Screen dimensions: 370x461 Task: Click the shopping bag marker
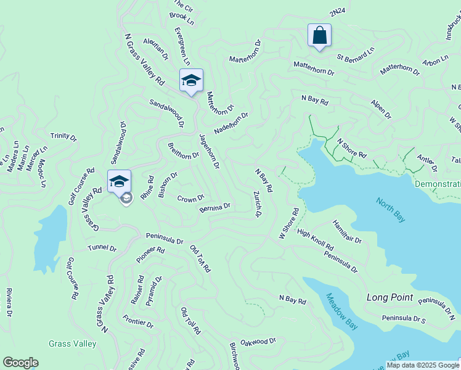pos(319,35)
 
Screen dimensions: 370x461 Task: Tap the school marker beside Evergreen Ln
pos(191,80)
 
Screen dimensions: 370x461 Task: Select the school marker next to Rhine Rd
pos(119,181)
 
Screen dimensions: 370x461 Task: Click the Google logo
pos(20,363)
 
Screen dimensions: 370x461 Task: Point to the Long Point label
pos(390,297)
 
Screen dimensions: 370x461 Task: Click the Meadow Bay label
pos(338,306)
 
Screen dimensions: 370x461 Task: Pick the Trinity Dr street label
pos(63,136)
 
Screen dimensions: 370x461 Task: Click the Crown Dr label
pos(190,199)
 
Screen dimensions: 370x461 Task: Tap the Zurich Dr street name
pos(257,203)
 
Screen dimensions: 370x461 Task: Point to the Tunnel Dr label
pos(102,248)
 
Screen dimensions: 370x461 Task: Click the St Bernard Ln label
pos(355,55)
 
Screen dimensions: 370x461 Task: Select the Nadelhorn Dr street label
pos(231,123)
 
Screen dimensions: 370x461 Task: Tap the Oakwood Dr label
pos(258,341)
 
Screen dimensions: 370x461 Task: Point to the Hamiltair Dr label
pos(347,231)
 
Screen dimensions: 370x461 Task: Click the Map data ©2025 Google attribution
pos(422,365)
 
